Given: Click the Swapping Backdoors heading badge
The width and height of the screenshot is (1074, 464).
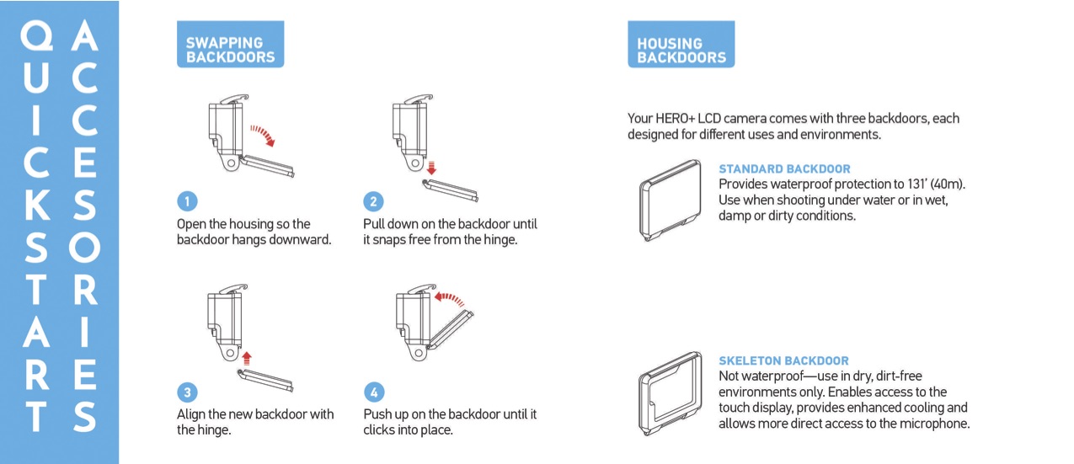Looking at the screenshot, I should pyautogui.click(x=230, y=50).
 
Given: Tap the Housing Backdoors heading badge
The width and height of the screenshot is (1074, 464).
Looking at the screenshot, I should pyautogui.click(x=681, y=51).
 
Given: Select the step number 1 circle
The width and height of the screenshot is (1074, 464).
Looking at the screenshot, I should pyautogui.click(x=188, y=201).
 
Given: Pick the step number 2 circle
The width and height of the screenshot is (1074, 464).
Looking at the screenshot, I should pyautogui.click(x=374, y=201).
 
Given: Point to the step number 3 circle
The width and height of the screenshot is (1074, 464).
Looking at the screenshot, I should pyautogui.click(x=188, y=392).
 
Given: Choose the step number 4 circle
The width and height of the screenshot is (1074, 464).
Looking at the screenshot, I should pyautogui.click(x=374, y=392).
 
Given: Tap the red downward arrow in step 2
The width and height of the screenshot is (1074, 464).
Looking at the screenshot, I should pyautogui.click(x=431, y=166).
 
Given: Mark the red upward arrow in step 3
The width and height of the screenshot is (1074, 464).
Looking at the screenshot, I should pyautogui.click(x=247, y=357).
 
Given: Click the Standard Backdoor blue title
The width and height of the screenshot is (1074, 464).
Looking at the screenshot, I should pyautogui.click(x=784, y=169).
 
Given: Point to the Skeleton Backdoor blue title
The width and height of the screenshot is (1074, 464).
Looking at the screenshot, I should pyautogui.click(x=783, y=360).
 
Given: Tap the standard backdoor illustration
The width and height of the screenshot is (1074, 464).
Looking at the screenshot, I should pyautogui.click(x=669, y=200).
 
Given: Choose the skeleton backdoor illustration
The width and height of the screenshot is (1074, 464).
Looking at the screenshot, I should pyautogui.click(x=669, y=392).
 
